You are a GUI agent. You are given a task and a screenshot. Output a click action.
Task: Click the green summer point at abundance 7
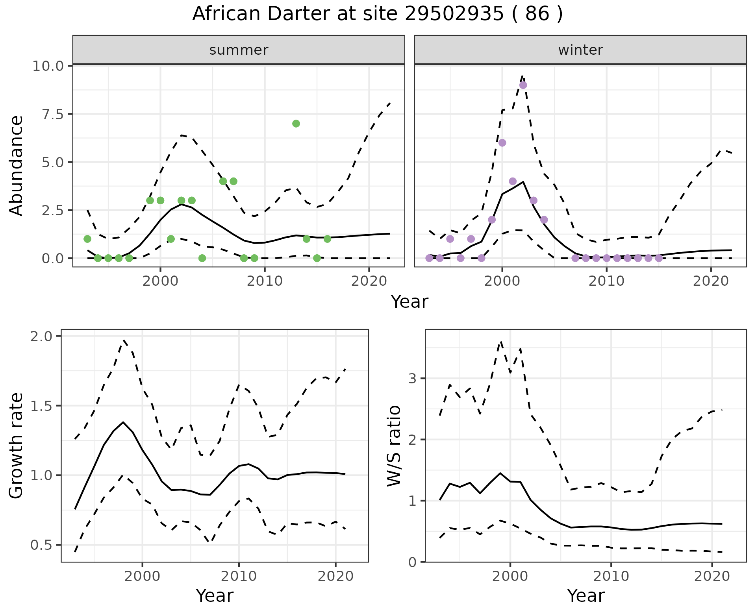coord(296,124)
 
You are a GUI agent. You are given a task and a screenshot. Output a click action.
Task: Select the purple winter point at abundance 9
coord(523,85)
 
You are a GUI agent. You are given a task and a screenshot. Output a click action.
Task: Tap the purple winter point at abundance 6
coord(502,143)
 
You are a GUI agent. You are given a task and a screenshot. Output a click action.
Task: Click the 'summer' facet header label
coord(239,50)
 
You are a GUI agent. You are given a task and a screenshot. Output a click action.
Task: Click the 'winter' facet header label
coord(580,50)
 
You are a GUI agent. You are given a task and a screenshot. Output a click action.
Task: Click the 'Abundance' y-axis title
coord(17,165)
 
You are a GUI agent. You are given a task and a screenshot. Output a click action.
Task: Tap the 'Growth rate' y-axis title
coord(17,446)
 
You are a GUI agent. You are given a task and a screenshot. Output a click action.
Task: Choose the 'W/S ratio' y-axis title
coord(394,446)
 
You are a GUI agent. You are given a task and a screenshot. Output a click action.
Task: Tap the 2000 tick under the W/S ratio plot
coord(510,577)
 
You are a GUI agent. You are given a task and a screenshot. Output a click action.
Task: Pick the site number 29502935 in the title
coord(454,14)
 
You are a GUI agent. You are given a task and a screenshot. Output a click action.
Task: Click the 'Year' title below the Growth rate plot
coord(215,596)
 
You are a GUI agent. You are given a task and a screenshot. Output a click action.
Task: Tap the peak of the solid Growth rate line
coord(123,422)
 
